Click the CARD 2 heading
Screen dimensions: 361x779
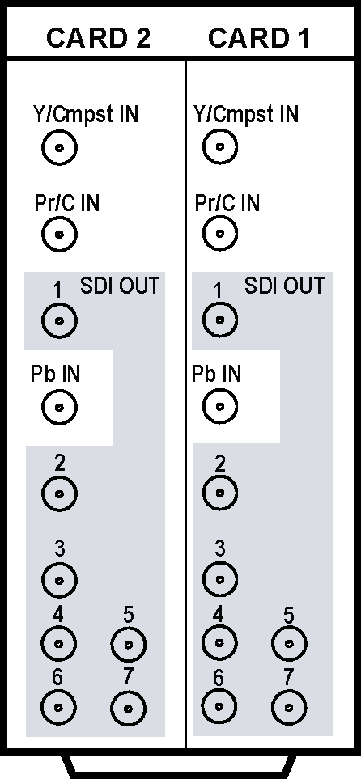coord(98,38)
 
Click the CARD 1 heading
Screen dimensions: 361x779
coord(258,38)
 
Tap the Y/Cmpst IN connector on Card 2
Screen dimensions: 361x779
coord(60,148)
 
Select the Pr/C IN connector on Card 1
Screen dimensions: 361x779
coord(220,233)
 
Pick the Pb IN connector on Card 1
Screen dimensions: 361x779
coord(220,406)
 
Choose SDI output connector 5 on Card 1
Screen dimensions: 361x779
coord(290,644)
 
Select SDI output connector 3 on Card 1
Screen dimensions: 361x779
coord(220,579)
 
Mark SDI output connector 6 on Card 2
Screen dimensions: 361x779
coord(58,707)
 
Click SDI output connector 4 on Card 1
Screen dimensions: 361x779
coord(219,642)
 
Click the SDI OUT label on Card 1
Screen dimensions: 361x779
coord(284,286)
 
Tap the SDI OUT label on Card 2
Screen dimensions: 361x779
coord(120,286)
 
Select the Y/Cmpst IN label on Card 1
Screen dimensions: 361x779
coord(245,114)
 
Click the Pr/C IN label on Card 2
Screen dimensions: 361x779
coord(67,203)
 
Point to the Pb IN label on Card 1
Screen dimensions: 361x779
coord(216,374)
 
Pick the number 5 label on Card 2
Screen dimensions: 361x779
coord(128,616)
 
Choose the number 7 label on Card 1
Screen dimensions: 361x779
coord(289,677)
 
